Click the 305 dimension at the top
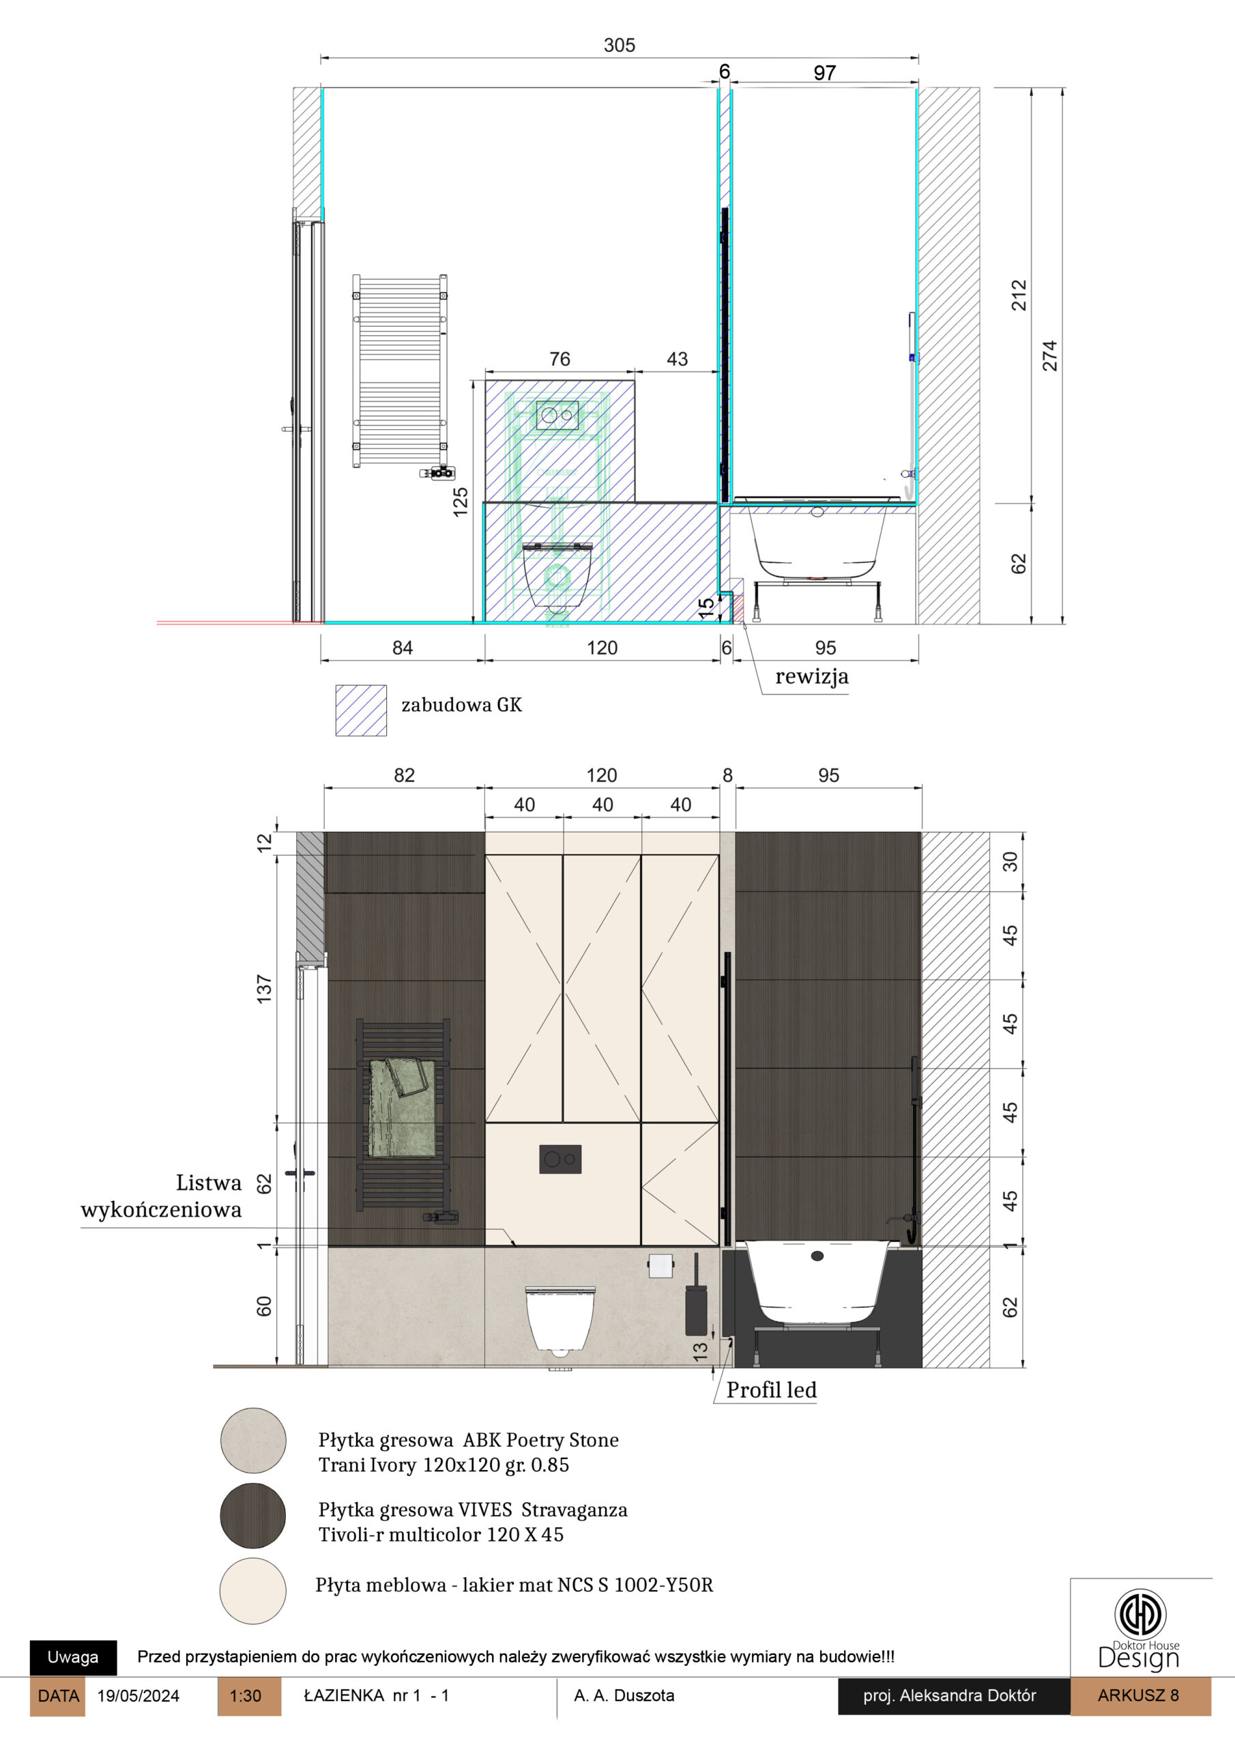(x=620, y=46)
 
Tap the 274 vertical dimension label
(x=1050, y=356)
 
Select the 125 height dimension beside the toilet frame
(x=461, y=503)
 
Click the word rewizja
(x=812, y=676)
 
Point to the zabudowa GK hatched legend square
(x=361, y=710)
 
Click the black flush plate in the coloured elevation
(x=560, y=1159)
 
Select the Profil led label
(x=772, y=1390)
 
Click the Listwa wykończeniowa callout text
(x=161, y=1196)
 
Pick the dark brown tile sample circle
(x=253, y=1516)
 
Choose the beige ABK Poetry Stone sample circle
(x=253, y=1441)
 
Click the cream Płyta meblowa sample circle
(x=253, y=1591)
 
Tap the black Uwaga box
(x=73, y=1657)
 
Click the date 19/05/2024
(x=139, y=1696)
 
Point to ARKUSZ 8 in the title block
(x=1138, y=1695)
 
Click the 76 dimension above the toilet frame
(x=560, y=359)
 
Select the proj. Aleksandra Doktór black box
(x=953, y=1696)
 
